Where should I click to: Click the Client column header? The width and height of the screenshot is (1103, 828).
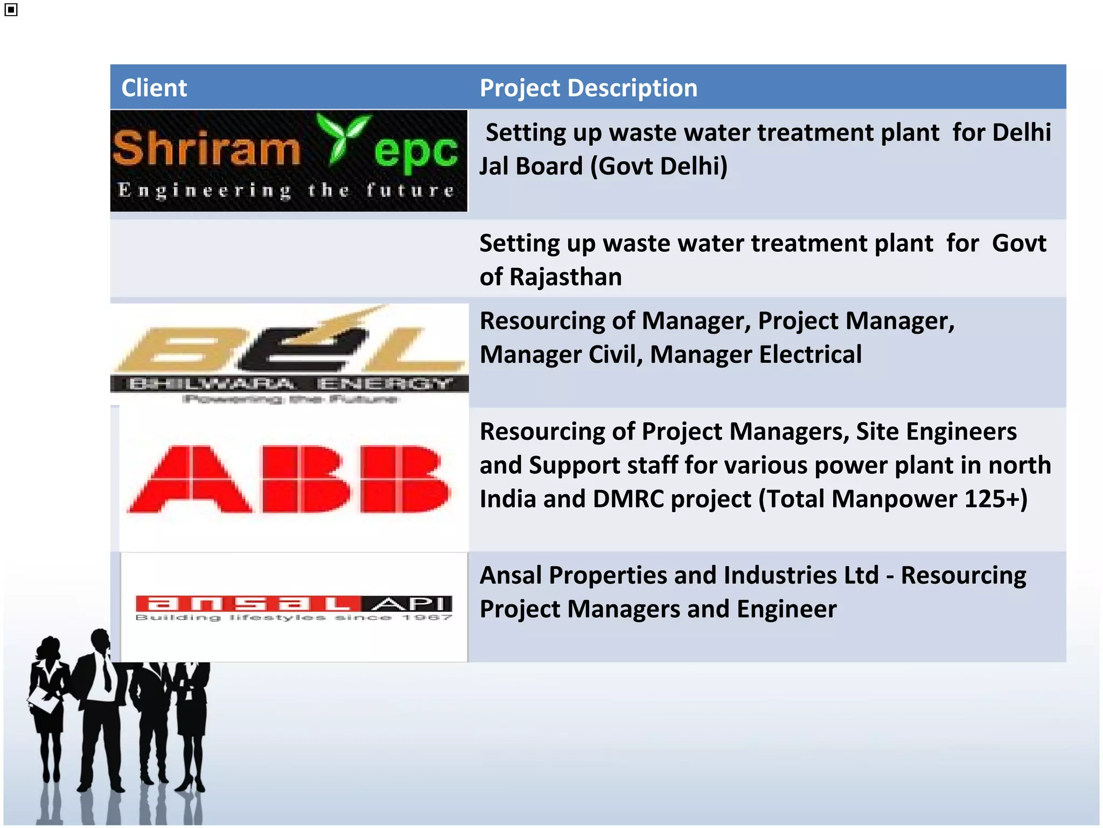(x=154, y=88)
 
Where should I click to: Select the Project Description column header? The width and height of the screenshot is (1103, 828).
(x=588, y=88)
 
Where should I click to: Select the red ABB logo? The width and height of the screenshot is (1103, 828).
(x=290, y=479)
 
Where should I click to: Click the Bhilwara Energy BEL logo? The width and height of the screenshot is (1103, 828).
(x=289, y=353)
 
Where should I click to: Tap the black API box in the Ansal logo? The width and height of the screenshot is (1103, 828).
(x=407, y=604)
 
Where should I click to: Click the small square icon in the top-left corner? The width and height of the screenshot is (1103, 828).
(x=11, y=10)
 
